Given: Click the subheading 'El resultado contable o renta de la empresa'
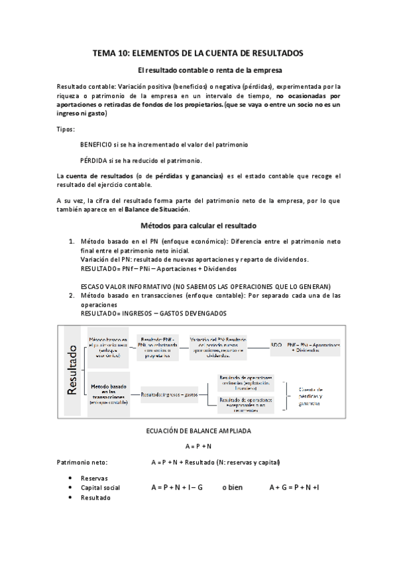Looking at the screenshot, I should [x=198, y=70].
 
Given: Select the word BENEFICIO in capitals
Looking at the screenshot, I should [x=98, y=144].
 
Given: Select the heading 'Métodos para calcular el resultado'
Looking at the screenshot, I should [x=198, y=225].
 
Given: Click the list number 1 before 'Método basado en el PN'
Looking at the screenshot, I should [x=72, y=243].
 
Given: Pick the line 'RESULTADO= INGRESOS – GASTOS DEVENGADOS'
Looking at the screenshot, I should [x=153, y=312].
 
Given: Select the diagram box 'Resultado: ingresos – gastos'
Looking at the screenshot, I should [x=170, y=394].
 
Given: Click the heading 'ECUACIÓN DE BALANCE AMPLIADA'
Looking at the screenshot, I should [x=198, y=430].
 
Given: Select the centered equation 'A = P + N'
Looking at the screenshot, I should [x=198, y=446].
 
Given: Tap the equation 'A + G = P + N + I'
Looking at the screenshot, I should [x=294, y=487].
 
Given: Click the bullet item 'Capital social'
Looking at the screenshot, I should [x=100, y=488].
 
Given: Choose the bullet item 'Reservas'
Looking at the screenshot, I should [x=93, y=477].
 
